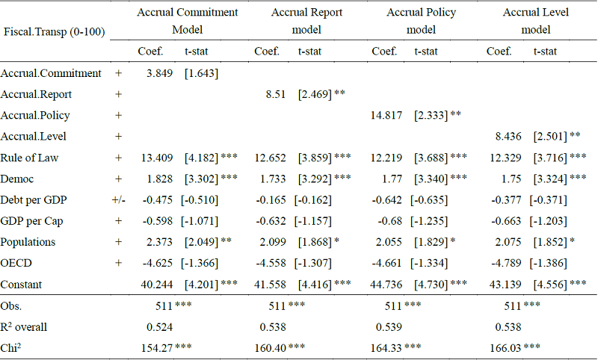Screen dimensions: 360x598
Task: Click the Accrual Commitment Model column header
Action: coord(187,21)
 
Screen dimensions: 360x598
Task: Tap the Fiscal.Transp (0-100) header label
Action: coord(54,32)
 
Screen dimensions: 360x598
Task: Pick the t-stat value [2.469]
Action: coord(315,95)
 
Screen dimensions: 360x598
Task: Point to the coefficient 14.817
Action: coord(387,116)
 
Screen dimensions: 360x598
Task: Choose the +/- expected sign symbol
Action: coord(117,200)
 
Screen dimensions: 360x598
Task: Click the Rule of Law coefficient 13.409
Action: coord(158,158)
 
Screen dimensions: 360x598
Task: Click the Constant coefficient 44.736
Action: coord(387,285)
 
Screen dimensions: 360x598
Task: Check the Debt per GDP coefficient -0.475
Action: coord(158,200)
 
